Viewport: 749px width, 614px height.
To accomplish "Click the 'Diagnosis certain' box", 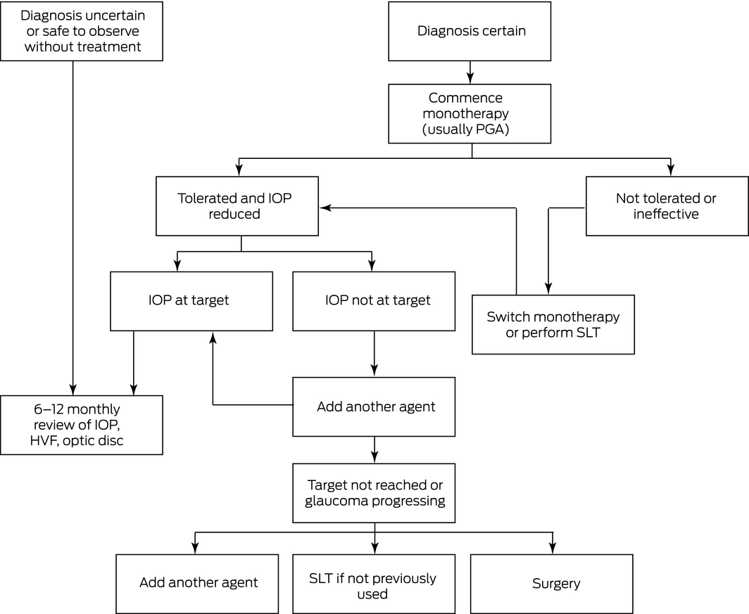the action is click(x=470, y=31).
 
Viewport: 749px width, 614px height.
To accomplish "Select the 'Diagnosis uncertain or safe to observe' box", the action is click(x=82, y=31).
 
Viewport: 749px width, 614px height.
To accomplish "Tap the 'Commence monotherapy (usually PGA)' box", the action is click(x=470, y=113).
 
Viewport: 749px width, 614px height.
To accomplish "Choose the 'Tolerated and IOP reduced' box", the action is click(x=237, y=206).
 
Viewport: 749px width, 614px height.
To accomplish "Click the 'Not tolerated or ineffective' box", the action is click(x=667, y=206).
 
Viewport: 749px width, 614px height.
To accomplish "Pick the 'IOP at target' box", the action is click(x=191, y=301).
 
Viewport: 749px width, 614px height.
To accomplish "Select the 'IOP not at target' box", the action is click(x=374, y=301).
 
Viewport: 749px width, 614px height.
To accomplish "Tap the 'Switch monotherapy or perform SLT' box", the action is click(x=553, y=324).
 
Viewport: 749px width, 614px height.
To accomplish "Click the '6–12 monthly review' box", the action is click(x=82, y=425).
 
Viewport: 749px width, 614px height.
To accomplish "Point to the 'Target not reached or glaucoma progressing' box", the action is click(x=374, y=493).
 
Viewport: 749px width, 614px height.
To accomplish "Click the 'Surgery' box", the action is click(x=552, y=584).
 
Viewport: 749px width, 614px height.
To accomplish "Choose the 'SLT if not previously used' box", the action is click(x=374, y=584).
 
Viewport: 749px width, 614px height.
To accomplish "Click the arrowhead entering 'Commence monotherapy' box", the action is click(x=470, y=78).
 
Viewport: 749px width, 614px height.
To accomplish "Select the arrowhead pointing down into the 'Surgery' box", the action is click(x=553, y=549).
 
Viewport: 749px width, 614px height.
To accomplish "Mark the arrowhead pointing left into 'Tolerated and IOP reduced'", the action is click(x=325, y=207).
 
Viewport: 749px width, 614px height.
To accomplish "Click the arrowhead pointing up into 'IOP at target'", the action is click(x=213, y=338).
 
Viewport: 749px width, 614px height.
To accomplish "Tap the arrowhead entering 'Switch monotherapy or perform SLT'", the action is click(x=548, y=289).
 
